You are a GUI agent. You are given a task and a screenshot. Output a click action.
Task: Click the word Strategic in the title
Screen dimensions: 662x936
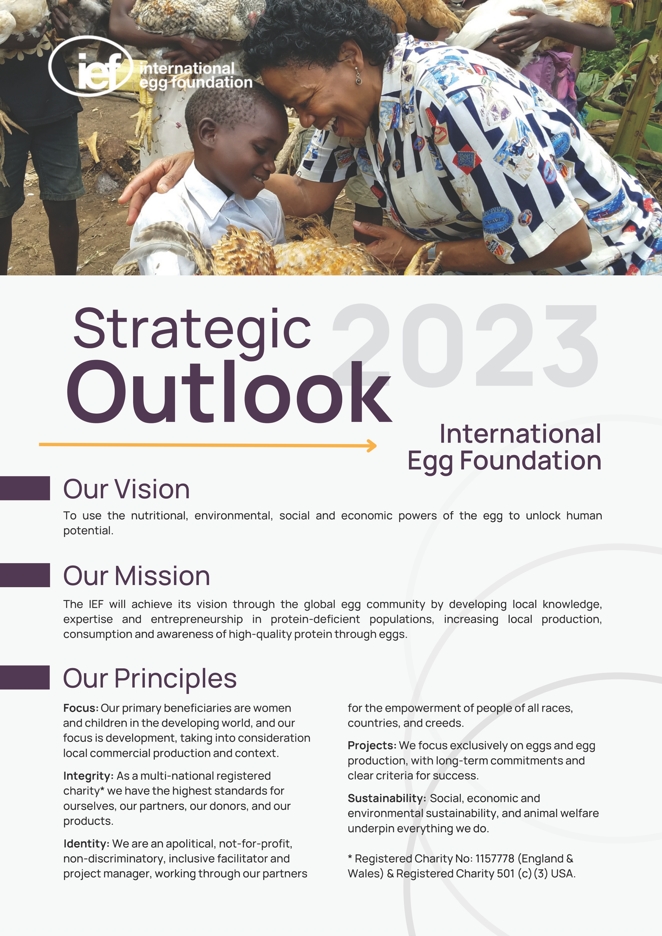[192, 330]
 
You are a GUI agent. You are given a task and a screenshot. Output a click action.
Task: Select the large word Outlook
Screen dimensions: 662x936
[228, 391]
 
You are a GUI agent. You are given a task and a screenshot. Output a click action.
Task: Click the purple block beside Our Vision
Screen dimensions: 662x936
[25, 488]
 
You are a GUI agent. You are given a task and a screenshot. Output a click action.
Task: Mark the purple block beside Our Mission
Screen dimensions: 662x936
[25, 575]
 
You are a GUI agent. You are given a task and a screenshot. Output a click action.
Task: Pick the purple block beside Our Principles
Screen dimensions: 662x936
[25, 677]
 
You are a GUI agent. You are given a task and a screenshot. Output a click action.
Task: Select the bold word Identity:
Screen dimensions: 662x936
[86, 843]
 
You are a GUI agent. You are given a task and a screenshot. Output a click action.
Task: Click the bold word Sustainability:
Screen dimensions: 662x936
[387, 798]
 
